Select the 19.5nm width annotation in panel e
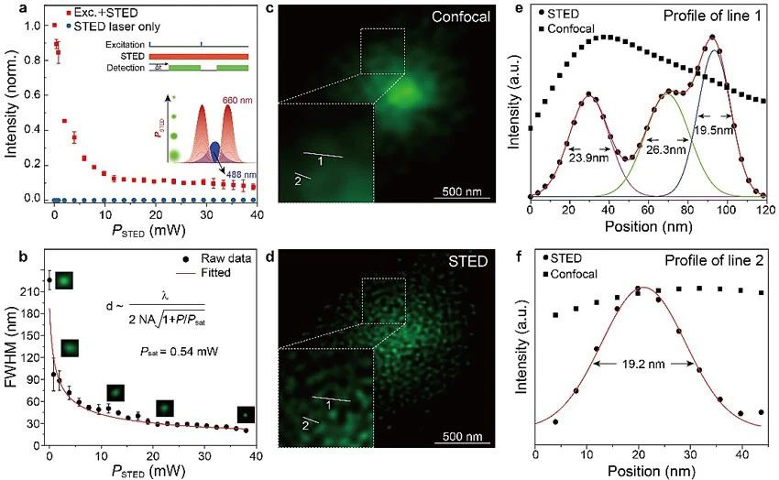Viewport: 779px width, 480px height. (714, 131)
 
